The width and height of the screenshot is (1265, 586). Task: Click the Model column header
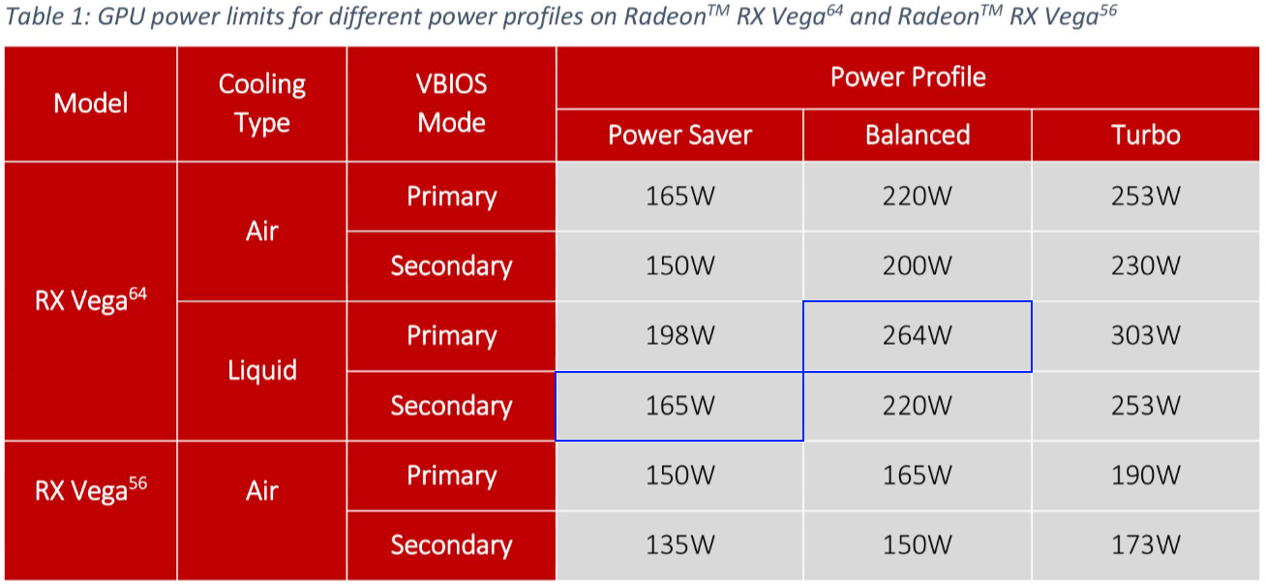click(x=90, y=104)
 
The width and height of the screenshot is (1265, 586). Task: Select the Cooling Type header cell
click(x=262, y=104)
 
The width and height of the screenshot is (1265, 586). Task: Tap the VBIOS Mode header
click(x=451, y=104)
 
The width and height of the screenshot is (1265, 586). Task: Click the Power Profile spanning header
click(x=908, y=77)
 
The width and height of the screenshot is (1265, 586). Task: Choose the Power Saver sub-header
click(x=680, y=136)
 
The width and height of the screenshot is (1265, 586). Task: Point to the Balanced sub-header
click(x=918, y=136)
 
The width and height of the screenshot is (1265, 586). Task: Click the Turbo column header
click(x=1146, y=136)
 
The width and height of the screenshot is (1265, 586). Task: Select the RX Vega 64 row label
click(x=90, y=301)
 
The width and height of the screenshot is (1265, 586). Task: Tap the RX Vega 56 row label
click(x=90, y=491)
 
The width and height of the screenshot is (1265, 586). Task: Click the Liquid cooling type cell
click(x=262, y=371)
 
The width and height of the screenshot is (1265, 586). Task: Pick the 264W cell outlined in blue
click(x=918, y=336)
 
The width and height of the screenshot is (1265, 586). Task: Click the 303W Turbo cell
click(x=1146, y=336)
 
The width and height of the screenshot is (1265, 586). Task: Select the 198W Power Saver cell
click(x=680, y=336)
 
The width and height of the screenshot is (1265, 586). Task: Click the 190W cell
click(x=1146, y=476)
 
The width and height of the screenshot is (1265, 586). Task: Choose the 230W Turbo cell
click(x=1146, y=266)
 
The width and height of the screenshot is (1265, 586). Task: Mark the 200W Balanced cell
click(x=918, y=266)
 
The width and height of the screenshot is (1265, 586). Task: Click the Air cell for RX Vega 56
click(x=262, y=491)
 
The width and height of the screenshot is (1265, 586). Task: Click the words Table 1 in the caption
click(x=45, y=16)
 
